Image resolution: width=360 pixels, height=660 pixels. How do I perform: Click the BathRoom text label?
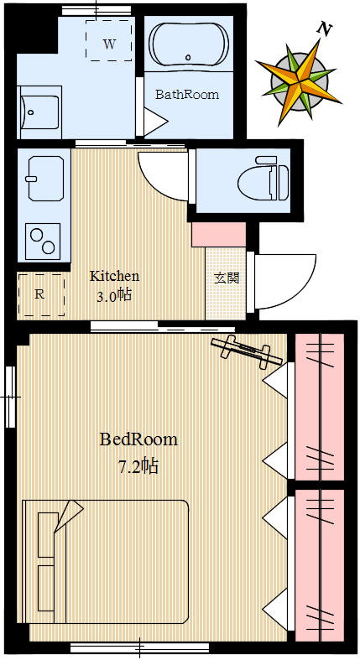coord(186,95)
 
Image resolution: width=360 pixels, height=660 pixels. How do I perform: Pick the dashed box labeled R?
coord(40,294)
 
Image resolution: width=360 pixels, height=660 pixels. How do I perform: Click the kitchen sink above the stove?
coord(43,178)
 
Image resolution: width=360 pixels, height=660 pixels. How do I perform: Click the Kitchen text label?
coord(114,276)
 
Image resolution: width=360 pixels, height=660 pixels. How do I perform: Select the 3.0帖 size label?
coord(114,295)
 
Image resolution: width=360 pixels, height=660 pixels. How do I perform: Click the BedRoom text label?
coord(138,439)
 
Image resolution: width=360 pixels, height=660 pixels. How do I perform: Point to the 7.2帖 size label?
coord(138,466)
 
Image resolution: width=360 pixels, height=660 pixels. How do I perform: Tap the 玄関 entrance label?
coord(226,278)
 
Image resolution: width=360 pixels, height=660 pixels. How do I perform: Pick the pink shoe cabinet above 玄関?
coord(218,235)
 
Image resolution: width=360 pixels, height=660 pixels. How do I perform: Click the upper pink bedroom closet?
coord(320,407)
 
